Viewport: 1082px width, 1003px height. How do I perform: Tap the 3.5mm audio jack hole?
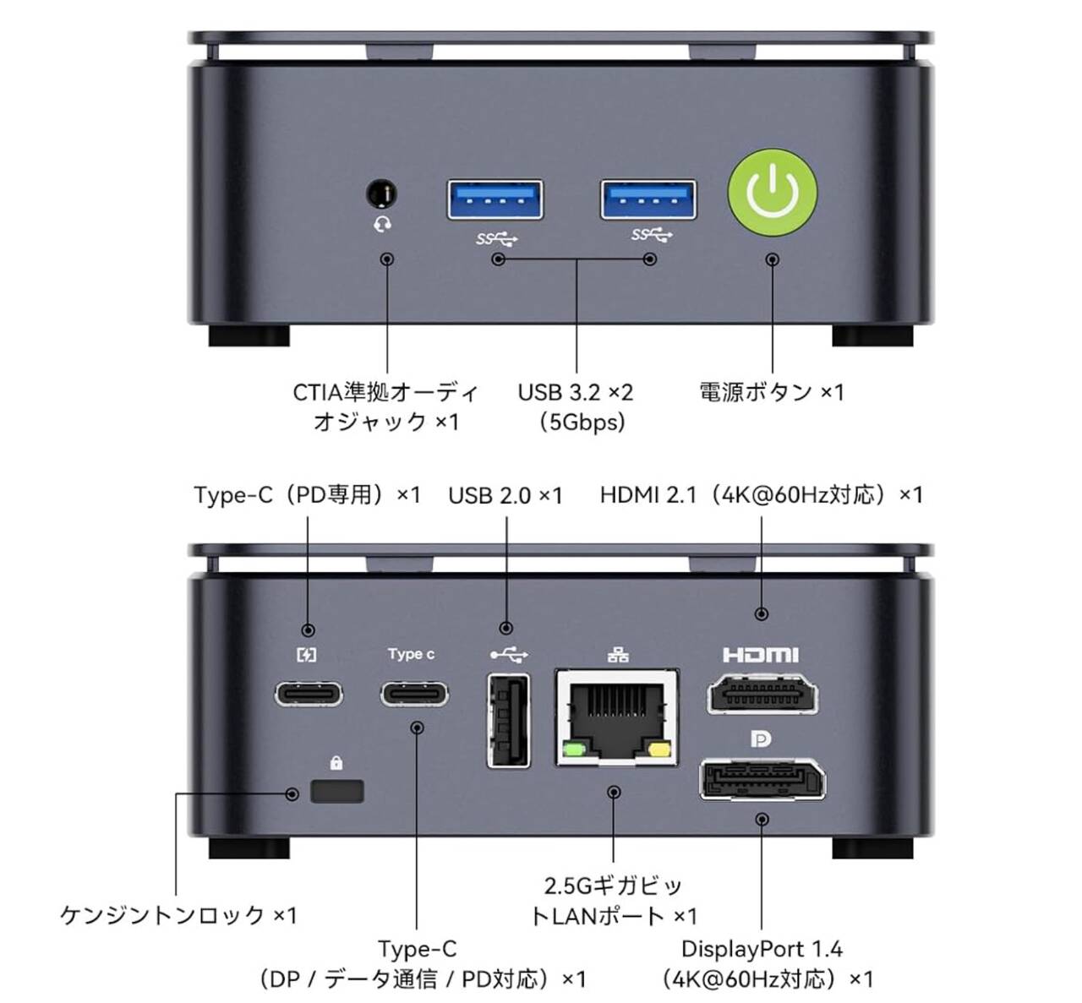click(x=382, y=194)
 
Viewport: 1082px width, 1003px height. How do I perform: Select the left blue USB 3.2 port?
click(x=495, y=200)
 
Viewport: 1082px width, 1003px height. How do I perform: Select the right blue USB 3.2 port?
click(x=648, y=200)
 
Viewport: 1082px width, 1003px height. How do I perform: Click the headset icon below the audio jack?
click(x=382, y=225)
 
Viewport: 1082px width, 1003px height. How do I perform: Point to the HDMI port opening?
click(x=762, y=695)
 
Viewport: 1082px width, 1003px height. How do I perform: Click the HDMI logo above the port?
click(x=761, y=655)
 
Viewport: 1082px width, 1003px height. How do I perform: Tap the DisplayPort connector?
click(x=762, y=779)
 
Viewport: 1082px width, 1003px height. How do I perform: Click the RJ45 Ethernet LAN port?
click(x=617, y=717)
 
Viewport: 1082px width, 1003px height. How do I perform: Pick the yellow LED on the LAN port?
click(x=659, y=749)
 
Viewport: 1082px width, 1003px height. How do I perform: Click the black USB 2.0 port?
click(x=509, y=720)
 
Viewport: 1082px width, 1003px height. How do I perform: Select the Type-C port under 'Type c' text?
click(x=414, y=695)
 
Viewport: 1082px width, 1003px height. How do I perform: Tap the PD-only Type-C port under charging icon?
click(x=309, y=695)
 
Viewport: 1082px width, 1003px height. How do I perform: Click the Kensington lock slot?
click(x=337, y=792)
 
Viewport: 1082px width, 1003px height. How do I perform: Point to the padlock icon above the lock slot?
click(x=336, y=764)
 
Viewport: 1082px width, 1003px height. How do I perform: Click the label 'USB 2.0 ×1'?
click(x=505, y=495)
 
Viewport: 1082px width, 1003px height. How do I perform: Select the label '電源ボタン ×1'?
click(x=771, y=392)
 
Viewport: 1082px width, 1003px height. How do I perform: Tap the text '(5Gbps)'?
click(x=582, y=422)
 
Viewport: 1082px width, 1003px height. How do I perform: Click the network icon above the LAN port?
click(x=618, y=655)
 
